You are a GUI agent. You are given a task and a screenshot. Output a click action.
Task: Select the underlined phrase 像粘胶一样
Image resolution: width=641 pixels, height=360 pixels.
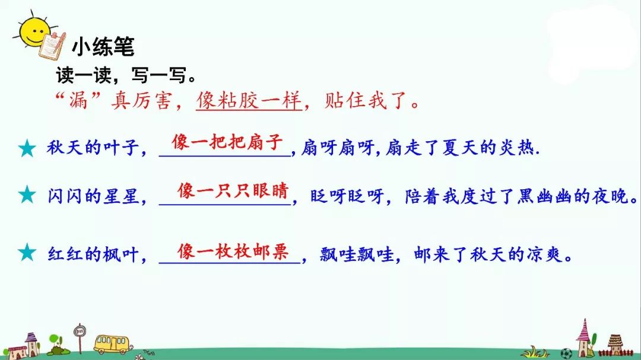249,101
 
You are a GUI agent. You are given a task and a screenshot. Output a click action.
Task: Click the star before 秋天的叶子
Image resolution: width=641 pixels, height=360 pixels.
27,148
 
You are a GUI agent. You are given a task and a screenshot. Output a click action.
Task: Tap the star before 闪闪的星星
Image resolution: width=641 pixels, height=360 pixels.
27,194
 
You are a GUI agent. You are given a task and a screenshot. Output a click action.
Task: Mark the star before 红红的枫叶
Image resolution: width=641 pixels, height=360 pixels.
27,253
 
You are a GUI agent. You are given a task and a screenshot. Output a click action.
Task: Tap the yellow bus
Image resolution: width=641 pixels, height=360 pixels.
110,343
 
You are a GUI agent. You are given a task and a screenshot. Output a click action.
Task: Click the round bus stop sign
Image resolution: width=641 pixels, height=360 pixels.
78,329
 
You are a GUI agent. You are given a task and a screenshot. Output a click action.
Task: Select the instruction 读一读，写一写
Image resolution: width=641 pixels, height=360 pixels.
125,75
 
